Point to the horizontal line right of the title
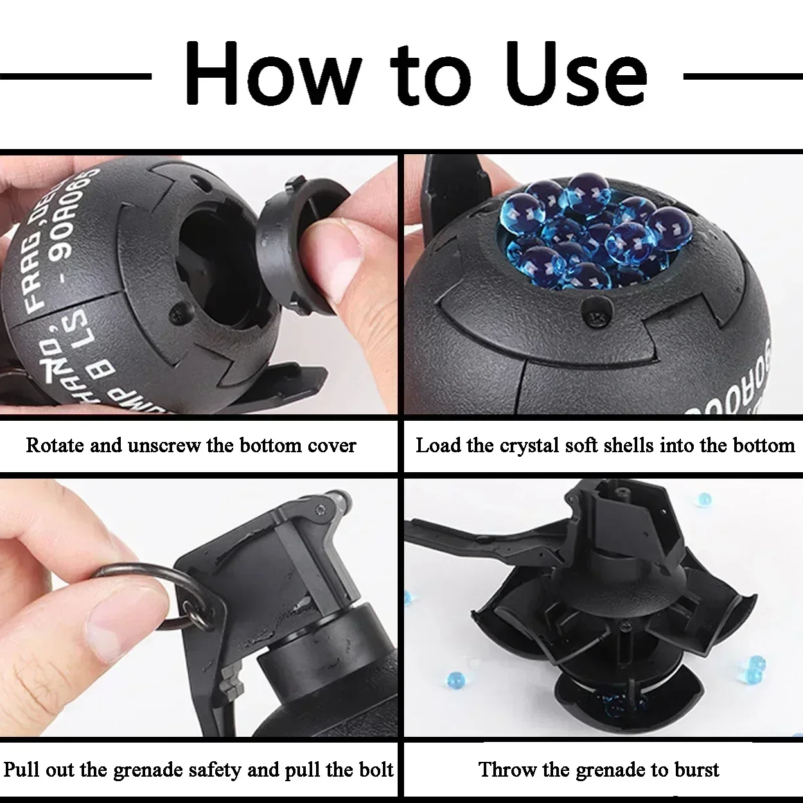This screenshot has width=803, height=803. (742, 76)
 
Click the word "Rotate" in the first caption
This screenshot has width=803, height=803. (54, 445)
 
